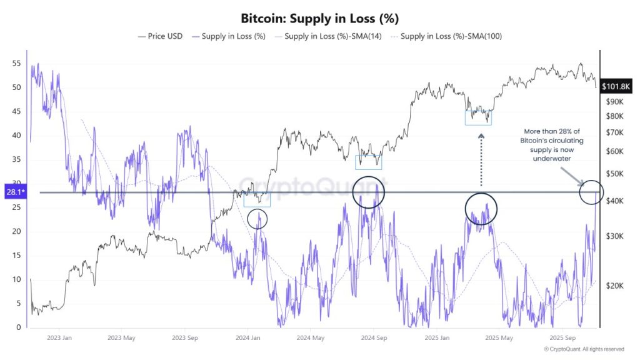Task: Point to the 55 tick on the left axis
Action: pos(16,64)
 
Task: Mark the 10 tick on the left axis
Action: pos(16,279)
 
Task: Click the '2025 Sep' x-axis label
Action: pos(561,337)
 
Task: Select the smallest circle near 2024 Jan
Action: pos(257,219)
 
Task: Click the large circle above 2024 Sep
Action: pos(369,192)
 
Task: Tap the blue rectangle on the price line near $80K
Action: pos(479,117)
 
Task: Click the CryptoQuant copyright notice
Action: pos(583,349)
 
